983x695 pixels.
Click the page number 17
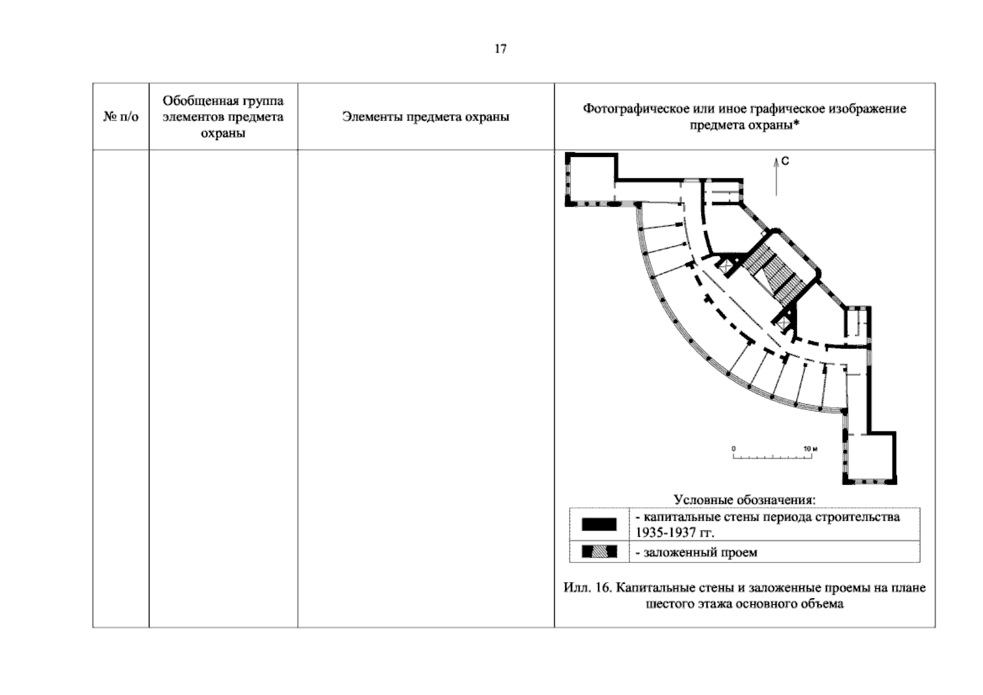[x=500, y=49]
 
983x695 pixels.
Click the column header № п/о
[x=121, y=116]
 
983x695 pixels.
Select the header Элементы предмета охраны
[x=425, y=116]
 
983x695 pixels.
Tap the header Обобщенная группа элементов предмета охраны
[x=223, y=116]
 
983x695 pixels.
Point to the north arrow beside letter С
[x=776, y=177]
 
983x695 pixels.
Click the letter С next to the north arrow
[x=785, y=162]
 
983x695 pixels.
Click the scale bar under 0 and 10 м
[x=773, y=456]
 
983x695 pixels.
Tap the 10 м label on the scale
[x=810, y=449]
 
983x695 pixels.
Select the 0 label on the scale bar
[x=733, y=449]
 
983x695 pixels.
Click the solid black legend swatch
[x=599, y=524]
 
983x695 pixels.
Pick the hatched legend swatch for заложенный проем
[x=599, y=551]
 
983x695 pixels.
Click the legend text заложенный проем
[x=700, y=552]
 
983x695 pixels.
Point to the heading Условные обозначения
[x=745, y=499]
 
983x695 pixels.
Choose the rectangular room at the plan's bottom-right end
[x=869, y=459]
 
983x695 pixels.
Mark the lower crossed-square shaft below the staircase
[x=783, y=324]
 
